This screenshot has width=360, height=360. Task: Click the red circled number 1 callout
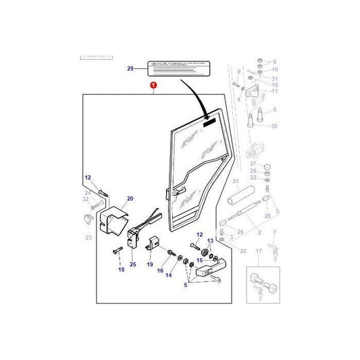click(154, 86)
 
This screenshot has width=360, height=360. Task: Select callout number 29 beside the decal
click(130, 68)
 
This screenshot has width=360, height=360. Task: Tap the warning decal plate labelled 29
click(178, 68)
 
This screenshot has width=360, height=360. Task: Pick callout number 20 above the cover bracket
click(130, 199)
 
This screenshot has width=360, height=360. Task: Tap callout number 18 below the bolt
click(122, 269)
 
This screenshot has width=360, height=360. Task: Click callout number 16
click(160, 270)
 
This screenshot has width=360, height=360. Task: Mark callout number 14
click(168, 276)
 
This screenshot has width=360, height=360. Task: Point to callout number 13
click(210, 241)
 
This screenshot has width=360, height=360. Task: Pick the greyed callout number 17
click(257, 252)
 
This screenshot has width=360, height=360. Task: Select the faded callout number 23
click(88, 237)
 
